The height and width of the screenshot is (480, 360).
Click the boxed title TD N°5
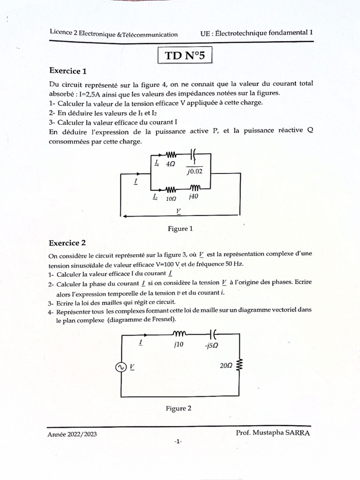click(x=185, y=56)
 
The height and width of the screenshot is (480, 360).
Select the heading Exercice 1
click(x=68, y=72)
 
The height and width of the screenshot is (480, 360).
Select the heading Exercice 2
click(x=67, y=243)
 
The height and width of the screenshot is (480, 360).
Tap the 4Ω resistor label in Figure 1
click(x=171, y=164)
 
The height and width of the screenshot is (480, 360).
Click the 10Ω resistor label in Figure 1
click(x=171, y=198)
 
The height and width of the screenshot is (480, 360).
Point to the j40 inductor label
click(x=193, y=197)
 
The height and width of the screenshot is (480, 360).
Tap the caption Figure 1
click(x=180, y=229)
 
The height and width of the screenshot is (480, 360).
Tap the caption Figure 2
click(x=179, y=408)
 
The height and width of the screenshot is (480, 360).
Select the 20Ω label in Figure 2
click(x=225, y=366)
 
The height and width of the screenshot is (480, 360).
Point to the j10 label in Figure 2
click(x=178, y=344)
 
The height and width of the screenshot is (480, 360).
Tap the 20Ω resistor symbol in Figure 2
click(x=240, y=365)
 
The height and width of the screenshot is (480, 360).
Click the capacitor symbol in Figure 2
click(x=212, y=334)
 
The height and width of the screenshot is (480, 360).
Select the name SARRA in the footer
click(x=297, y=433)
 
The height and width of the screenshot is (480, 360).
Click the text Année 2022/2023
click(x=72, y=435)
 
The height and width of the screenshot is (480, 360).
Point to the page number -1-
click(x=178, y=442)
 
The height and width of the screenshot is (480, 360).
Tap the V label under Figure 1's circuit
click(x=179, y=211)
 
